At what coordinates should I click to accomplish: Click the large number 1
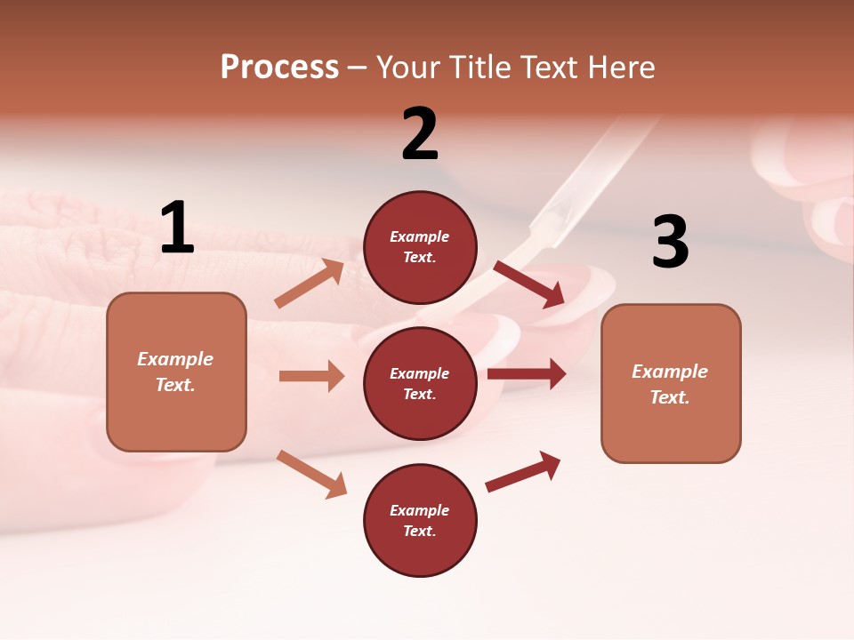177,228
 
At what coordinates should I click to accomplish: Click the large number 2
420,134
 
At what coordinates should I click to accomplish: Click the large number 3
671,242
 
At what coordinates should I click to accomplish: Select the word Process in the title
279,67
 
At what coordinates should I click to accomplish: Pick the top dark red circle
420,247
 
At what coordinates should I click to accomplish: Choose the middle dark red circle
420,383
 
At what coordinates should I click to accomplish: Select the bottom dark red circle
420,520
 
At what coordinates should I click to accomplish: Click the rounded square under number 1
176,372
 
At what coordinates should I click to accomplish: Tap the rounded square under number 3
671,383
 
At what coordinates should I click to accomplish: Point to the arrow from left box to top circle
310,284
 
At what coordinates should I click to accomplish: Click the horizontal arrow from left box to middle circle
311,376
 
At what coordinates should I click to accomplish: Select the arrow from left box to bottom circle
311,474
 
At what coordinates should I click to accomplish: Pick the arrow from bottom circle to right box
523,471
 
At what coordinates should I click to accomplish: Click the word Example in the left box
175,359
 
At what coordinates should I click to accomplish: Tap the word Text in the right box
669,397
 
